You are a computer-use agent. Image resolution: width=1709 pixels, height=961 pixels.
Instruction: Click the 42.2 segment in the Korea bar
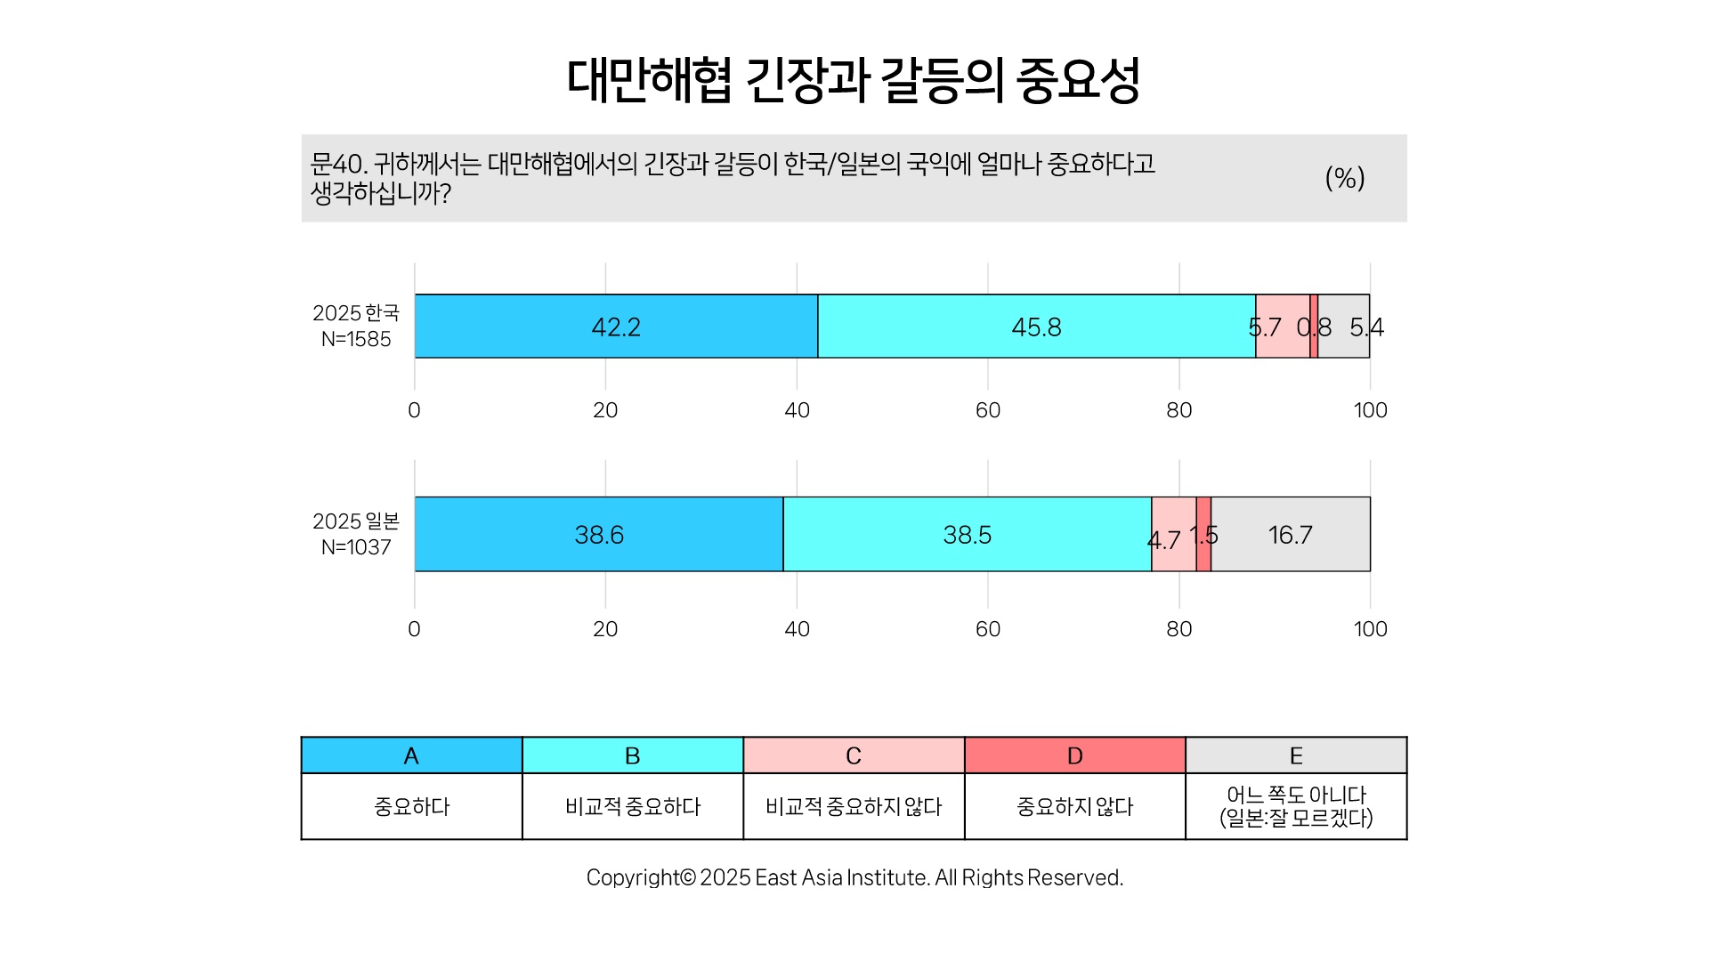pyautogui.click(x=616, y=327)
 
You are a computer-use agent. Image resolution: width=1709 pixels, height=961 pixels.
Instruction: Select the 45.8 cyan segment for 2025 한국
pyautogui.click(x=1037, y=327)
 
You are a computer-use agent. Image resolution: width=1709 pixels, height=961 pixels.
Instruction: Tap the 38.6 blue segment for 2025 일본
pyautogui.click(x=599, y=534)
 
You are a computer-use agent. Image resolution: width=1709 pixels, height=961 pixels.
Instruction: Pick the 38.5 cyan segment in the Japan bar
pyautogui.click(x=968, y=534)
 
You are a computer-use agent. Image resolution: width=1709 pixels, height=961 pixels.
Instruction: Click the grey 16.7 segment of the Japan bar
pyautogui.click(x=1291, y=534)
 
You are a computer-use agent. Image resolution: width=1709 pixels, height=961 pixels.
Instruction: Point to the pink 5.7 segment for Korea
pyautogui.click(x=1283, y=327)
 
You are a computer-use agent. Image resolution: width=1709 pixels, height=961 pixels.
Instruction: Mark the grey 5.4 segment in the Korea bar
pyautogui.click(x=1344, y=327)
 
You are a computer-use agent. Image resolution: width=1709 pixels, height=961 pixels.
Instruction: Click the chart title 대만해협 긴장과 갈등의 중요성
pyautogui.click(x=854, y=81)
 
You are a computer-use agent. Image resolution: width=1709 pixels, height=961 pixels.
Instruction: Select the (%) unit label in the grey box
pyautogui.click(x=1345, y=178)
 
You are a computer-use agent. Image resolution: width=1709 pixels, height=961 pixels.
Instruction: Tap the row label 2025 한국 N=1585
pyautogui.click(x=356, y=326)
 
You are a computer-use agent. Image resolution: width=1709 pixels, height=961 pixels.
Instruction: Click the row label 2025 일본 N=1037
pyautogui.click(x=356, y=534)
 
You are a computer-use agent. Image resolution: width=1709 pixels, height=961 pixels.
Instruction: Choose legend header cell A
pyautogui.click(x=411, y=755)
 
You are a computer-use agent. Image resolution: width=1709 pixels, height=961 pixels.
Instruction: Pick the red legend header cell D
pyautogui.click(x=1075, y=755)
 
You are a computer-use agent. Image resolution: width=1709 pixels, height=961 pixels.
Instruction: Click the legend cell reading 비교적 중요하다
pyautogui.click(x=633, y=806)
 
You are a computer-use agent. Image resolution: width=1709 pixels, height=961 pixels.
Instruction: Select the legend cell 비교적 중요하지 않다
pyautogui.click(x=854, y=806)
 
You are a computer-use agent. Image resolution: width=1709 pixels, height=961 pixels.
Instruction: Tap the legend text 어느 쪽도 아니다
pyautogui.click(x=1296, y=795)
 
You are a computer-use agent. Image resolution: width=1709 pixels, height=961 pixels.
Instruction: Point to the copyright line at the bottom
pyautogui.click(x=854, y=877)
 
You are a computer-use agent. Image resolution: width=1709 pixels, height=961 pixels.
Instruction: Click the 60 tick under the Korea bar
pyautogui.click(x=988, y=410)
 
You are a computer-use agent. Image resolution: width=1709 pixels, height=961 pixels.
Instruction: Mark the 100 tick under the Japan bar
pyautogui.click(x=1371, y=629)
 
